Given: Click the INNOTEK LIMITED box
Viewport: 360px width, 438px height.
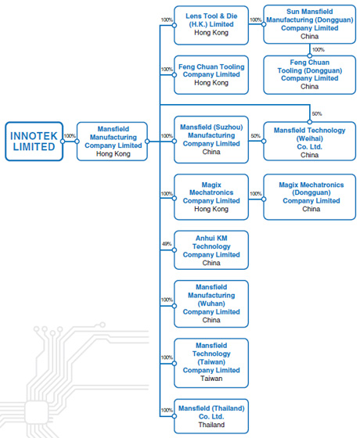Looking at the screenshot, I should [x=34, y=141].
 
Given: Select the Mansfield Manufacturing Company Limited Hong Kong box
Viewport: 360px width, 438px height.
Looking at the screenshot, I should [x=113, y=141].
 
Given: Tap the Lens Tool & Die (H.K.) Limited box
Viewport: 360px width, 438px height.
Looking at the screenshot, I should [x=211, y=24].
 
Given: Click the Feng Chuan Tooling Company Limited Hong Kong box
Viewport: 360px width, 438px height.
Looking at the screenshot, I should [x=211, y=74].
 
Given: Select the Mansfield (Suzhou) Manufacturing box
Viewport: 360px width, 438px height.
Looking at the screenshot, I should [x=211, y=140].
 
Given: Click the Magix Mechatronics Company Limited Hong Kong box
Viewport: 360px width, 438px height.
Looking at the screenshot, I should [x=211, y=197].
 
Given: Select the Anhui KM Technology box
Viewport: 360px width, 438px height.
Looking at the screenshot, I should [x=211, y=250].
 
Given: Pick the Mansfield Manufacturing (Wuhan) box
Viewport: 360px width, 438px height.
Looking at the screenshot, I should [x=211, y=303].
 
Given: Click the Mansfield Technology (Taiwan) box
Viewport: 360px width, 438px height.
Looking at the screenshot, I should [x=211, y=361].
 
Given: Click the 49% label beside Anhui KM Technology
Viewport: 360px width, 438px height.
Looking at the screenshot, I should [x=166, y=244].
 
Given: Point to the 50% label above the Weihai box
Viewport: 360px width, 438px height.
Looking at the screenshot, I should [x=316, y=113].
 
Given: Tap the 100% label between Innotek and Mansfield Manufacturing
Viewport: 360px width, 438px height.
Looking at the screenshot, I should [x=70, y=136].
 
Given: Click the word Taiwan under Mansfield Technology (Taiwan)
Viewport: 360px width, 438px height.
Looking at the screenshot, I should [x=211, y=379].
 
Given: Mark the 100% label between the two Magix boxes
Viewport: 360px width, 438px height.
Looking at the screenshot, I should [x=255, y=192].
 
